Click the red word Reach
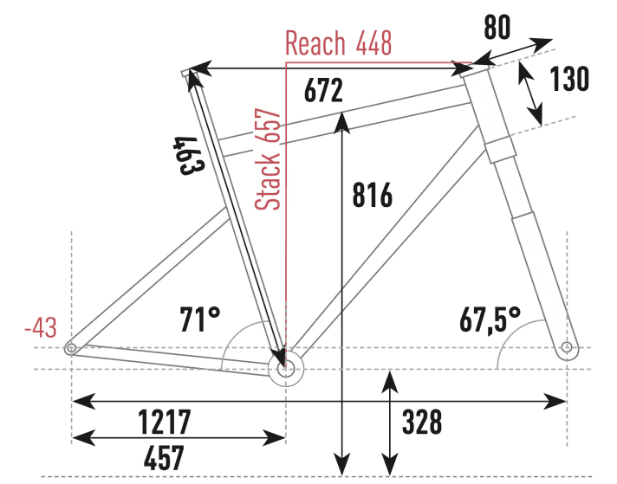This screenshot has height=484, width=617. coord(315,42)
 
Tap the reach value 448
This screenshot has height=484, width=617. coord(373,42)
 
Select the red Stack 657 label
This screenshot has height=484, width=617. coord(267,159)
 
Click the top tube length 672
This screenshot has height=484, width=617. coord(323,91)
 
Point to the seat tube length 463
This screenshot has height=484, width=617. coord(189,156)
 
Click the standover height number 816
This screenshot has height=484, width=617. coord(373,195)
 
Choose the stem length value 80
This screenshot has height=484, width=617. coord(497,27)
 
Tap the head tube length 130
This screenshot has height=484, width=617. coord(569,79)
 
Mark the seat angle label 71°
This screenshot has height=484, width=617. coord(200,319)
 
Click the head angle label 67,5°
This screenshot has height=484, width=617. coord(490,320)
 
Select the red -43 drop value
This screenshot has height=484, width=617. coord(41,327)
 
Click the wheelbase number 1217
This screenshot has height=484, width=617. coord(165,421)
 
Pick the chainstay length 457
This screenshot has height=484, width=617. coord(164,458)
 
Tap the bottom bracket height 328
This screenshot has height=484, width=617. coord(422,422)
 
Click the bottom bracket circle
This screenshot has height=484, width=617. coord(286,369)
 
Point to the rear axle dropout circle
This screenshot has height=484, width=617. coord(72,348)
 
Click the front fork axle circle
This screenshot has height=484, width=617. coord(567,347)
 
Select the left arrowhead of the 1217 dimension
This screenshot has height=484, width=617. coord(83,402)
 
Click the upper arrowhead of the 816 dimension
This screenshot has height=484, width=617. coord(343,123)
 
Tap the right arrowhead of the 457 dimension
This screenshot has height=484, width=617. coord(274,437)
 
